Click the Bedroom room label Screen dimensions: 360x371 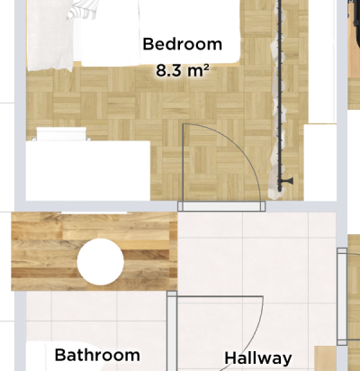183,44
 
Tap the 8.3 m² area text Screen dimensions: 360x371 183,71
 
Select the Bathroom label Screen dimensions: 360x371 97,355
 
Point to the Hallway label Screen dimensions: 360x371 258,358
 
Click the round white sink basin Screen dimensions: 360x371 101,262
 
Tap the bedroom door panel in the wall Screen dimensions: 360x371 221,206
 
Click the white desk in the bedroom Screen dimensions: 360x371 88,170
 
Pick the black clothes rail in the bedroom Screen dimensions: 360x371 280,96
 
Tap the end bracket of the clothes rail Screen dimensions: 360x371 287,181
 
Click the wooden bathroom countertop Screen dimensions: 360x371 94,251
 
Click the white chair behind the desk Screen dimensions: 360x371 61,134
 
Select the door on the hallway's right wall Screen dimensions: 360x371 342,296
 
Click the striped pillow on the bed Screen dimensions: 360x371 83,10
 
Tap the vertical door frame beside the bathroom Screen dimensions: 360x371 172,330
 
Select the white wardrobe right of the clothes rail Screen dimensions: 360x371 320,162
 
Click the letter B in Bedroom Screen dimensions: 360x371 148,44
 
